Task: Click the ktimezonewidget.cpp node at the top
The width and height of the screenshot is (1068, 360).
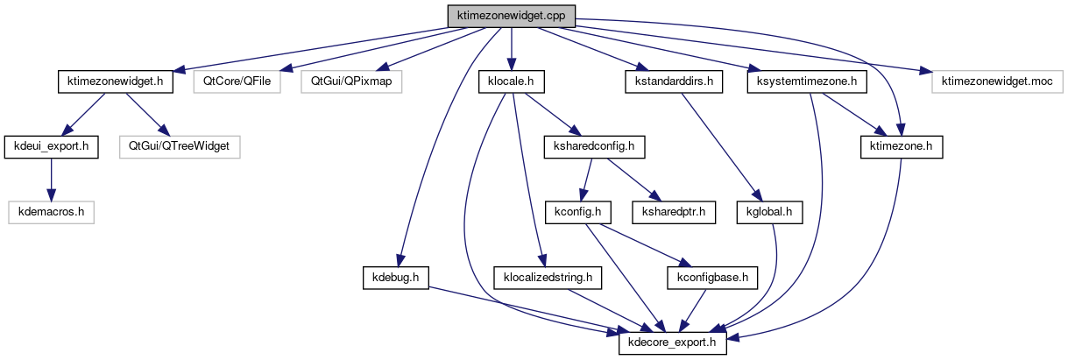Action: [x=512, y=16]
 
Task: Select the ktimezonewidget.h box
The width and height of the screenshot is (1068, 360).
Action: [x=115, y=81]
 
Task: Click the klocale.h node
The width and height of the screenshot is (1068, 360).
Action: [x=512, y=81]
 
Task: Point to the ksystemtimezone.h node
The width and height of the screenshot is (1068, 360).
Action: [x=807, y=81]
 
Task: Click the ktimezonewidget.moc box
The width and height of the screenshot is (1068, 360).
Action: [x=997, y=81]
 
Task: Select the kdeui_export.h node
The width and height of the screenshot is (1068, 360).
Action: [x=51, y=146]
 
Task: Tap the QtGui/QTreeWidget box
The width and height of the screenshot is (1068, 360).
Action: [x=180, y=146]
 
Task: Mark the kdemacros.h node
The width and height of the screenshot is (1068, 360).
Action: [x=51, y=211]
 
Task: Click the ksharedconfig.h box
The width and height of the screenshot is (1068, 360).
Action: [x=595, y=146]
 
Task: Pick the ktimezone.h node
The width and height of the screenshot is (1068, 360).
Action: [x=901, y=146]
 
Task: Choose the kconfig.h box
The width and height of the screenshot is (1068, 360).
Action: [x=577, y=211]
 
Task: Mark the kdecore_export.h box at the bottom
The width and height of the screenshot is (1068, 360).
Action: [x=673, y=343]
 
